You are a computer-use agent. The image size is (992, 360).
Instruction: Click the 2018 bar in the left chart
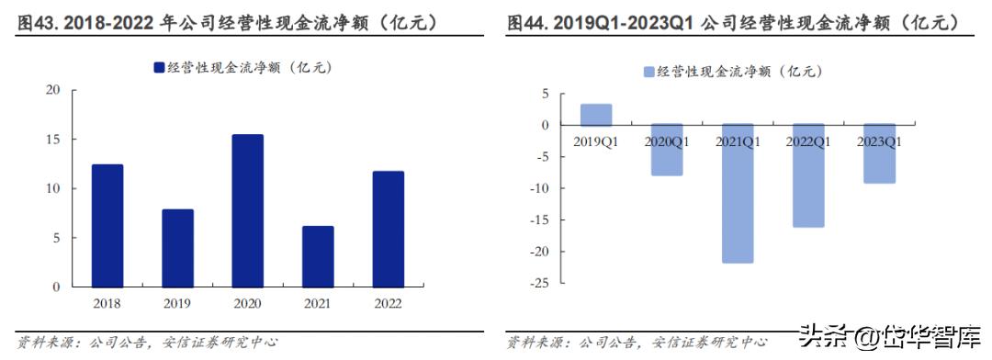(x=107, y=226)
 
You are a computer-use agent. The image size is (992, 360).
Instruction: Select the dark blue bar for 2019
(x=177, y=248)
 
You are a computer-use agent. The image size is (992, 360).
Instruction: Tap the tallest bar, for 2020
(x=247, y=211)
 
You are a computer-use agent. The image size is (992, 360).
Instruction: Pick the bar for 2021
(x=318, y=256)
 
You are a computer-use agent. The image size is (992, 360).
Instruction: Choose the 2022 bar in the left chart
(x=388, y=229)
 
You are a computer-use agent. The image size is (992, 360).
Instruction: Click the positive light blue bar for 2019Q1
(x=596, y=115)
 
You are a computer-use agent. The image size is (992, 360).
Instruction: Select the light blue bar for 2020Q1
(x=667, y=150)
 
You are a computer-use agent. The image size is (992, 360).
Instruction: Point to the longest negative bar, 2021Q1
(x=738, y=194)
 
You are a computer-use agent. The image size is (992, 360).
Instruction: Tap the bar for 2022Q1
(x=808, y=175)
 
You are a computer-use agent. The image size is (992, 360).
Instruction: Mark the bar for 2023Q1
(x=879, y=154)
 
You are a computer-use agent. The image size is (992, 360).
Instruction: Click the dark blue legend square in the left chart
(x=159, y=67)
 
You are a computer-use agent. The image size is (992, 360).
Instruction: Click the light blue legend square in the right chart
(x=649, y=72)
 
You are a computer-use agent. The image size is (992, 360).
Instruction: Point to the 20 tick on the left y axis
(x=52, y=90)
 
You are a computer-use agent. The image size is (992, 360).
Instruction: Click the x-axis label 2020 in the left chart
(x=247, y=302)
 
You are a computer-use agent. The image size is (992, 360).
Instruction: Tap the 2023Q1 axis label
(x=879, y=141)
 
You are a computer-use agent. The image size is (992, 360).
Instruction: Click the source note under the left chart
(x=147, y=342)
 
